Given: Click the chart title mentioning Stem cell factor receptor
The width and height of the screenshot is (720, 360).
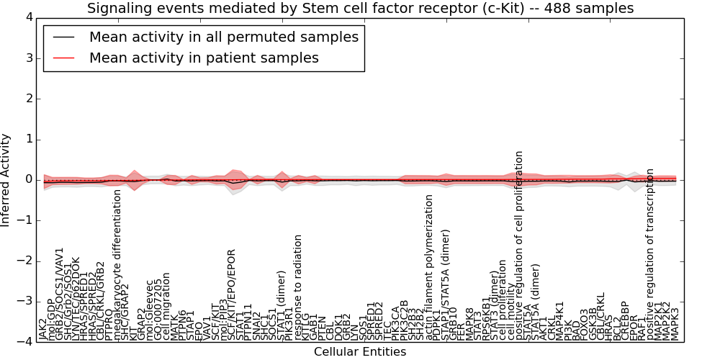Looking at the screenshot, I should click(x=360, y=9).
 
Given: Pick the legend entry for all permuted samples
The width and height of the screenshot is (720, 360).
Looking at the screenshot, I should click(x=223, y=37).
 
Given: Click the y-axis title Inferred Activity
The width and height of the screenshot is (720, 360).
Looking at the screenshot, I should click(x=6, y=180).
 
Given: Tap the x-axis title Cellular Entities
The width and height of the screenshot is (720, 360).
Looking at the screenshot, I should click(x=360, y=352).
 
